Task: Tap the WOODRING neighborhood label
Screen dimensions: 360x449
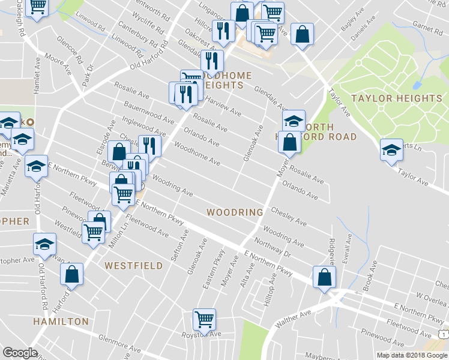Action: [235, 212]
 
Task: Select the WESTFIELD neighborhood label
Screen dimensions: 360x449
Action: [133, 265]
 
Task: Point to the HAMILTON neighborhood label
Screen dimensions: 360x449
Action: [61, 322]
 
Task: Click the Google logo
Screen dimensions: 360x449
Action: [20, 353]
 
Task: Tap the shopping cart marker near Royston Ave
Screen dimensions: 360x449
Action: [204, 319]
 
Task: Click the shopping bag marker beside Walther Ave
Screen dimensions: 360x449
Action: [324, 277]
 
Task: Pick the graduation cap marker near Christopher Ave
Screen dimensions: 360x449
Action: [44, 244]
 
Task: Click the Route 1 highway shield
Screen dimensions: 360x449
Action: [443, 334]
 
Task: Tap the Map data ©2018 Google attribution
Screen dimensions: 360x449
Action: [412, 355]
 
